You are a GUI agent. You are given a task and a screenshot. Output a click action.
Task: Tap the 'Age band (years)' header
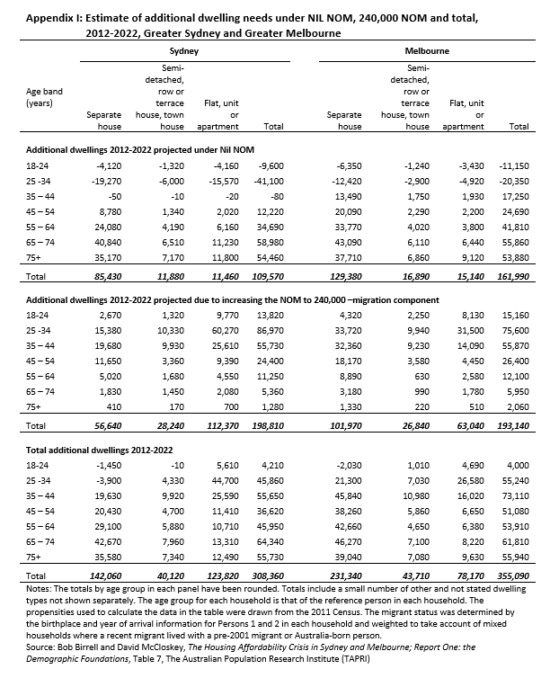tap(45, 97)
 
